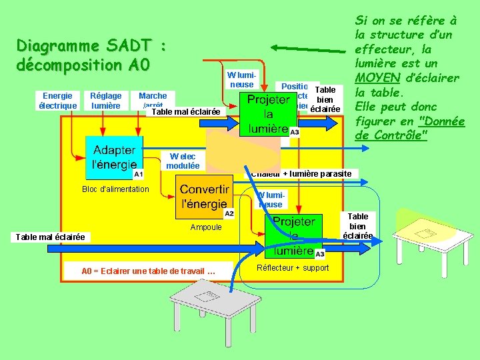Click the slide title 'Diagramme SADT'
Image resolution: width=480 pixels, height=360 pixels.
(91, 47)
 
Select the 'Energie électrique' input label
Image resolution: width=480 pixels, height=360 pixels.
(57, 101)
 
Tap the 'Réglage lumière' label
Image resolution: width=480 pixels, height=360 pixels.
(106, 101)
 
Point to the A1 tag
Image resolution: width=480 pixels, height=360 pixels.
(138, 174)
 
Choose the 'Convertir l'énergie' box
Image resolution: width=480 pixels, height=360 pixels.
(205, 197)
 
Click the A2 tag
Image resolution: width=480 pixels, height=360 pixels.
(229, 213)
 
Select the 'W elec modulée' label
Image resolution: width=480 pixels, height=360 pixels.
(183, 161)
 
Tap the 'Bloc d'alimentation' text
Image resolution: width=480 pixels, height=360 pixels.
(116, 189)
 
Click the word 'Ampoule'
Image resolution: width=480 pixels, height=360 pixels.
(206, 227)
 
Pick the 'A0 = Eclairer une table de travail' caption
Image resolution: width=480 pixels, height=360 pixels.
(148, 271)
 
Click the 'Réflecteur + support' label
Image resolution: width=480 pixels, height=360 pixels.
(293, 268)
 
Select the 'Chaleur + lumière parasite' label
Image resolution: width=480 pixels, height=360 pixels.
(303, 173)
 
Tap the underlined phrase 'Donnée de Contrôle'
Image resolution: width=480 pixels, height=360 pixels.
(418, 128)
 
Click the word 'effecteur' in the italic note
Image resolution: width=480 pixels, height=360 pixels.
(388, 49)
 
